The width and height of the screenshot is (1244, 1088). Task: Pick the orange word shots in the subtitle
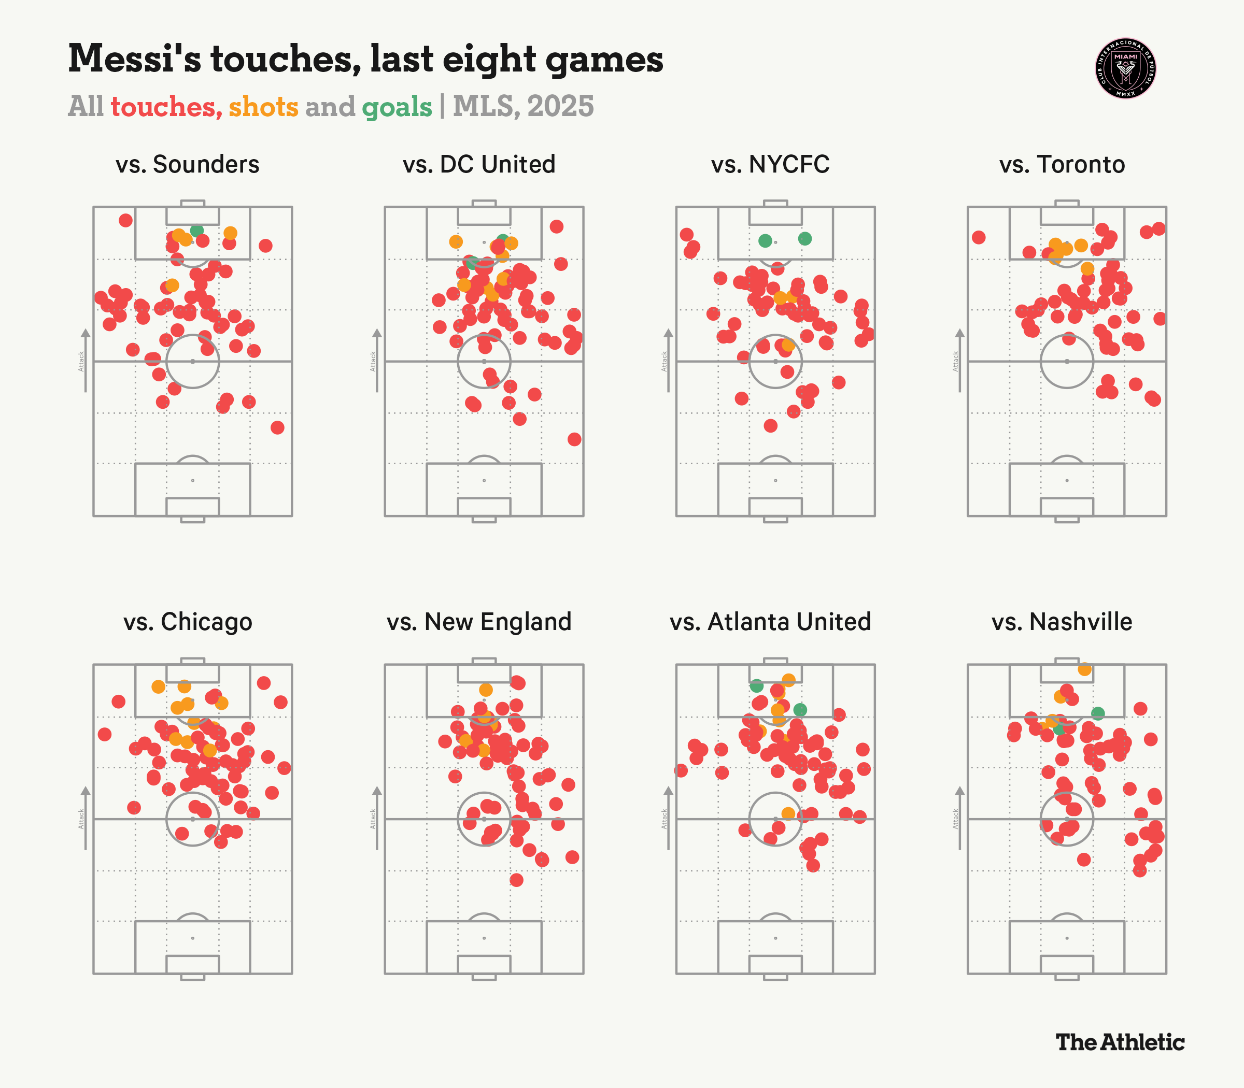point(263,107)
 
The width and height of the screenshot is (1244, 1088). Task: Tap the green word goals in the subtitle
point(397,107)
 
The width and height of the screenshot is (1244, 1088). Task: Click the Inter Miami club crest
point(1125,68)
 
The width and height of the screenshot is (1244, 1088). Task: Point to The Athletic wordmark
point(1120,1042)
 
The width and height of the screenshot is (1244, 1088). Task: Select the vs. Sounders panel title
point(188,165)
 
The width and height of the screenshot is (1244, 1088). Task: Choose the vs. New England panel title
point(479,622)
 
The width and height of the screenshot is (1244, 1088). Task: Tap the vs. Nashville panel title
point(1062,622)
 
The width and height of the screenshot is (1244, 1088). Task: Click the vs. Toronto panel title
point(1062,165)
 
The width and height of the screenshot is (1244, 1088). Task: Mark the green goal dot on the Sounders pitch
point(196,230)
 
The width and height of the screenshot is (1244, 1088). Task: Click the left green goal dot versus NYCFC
point(765,240)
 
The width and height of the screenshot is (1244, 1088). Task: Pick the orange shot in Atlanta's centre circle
point(788,813)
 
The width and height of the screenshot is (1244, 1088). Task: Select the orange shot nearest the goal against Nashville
point(1084,669)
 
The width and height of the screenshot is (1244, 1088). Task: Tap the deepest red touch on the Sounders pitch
point(277,427)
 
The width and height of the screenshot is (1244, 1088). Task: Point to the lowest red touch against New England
point(516,880)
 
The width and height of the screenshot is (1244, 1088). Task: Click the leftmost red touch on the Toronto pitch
point(978,237)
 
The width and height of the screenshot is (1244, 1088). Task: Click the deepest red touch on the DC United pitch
point(574,439)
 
